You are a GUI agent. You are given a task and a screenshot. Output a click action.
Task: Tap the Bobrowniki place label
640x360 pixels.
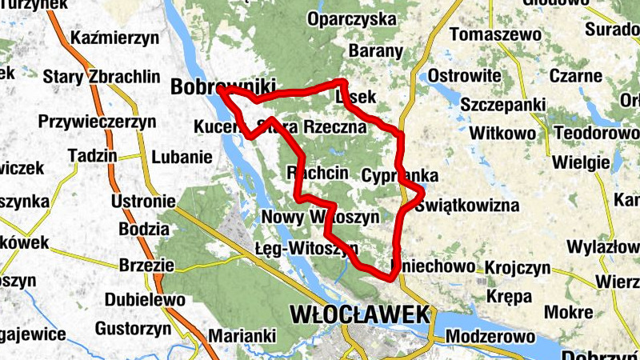click(x=222, y=86)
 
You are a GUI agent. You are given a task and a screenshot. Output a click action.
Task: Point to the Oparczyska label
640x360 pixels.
click(x=357, y=18)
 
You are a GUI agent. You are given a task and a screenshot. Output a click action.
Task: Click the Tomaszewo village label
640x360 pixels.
click(x=495, y=35)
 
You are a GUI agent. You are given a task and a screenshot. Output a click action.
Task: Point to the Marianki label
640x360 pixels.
click(x=242, y=335)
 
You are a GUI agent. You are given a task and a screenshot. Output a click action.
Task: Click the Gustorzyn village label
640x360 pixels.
click(x=133, y=329)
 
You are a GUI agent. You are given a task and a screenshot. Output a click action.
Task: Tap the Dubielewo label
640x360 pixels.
click(x=145, y=300)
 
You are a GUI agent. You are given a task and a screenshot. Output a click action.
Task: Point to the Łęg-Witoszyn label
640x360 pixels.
click(x=306, y=247)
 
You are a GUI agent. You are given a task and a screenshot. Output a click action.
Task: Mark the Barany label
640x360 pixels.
click(x=375, y=51)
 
